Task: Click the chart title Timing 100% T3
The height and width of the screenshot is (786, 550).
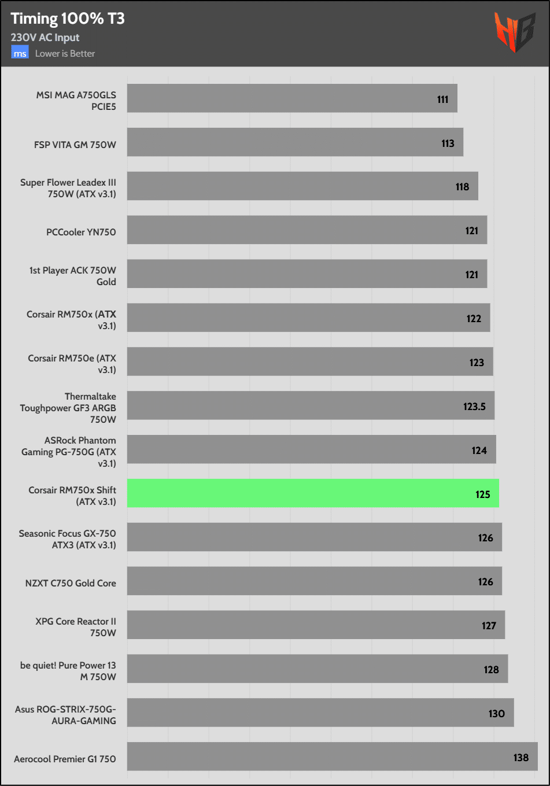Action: (68, 19)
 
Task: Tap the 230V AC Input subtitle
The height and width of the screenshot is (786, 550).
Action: (45, 38)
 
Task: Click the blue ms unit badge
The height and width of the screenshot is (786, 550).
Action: (20, 53)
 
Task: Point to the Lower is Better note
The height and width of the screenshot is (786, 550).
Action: (65, 53)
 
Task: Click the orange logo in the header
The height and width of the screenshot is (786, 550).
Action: (514, 32)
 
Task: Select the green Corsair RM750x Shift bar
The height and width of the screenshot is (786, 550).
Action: (312, 493)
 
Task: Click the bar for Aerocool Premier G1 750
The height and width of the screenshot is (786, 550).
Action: (332, 757)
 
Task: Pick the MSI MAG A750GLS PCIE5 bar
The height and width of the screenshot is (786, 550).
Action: (292, 98)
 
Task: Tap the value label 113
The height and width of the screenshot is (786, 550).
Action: (448, 143)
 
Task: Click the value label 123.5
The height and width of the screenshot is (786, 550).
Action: (474, 407)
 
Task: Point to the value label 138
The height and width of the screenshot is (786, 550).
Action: (521, 758)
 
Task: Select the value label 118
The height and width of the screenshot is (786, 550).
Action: (462, 187)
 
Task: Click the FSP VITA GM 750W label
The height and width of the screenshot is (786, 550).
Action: (75, 145)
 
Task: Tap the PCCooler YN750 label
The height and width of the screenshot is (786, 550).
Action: (81, 232)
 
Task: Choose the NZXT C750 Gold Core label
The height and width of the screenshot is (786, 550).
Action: (71, 583)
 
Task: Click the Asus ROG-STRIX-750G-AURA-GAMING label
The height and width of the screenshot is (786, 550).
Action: (65, 715)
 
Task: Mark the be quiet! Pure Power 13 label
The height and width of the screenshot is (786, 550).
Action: (68, 671)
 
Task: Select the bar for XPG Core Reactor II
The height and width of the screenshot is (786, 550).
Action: (316, 625)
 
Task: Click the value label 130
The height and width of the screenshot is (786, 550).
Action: (496, 714)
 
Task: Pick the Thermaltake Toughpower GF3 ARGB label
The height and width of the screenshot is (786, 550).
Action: (68, 408)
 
